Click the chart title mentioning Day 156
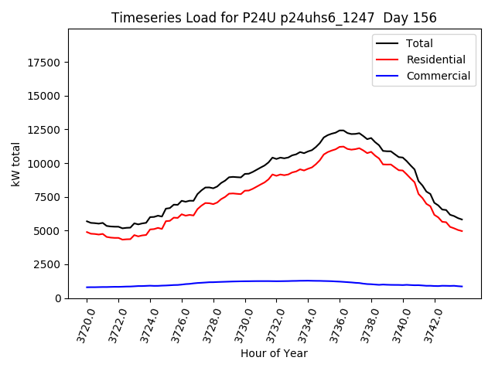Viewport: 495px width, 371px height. pos(274,18)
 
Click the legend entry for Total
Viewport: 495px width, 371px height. pos(419,43)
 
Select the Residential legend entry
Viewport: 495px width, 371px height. pos(435,60)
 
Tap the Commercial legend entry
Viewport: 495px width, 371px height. pos(438,76)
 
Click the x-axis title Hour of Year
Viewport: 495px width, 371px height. pos(274,354)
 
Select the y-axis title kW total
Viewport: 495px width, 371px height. pos(16,164)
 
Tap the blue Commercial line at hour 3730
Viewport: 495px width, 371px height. pos(245,281)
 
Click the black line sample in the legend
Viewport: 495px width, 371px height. pos(387,43)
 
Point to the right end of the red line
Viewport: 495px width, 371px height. pos(462,231)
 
